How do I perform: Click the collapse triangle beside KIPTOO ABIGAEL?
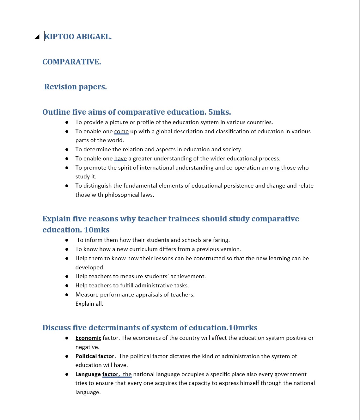pos(37,37)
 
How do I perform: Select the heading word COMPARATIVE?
pos(72,62)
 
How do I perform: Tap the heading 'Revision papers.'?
pos(76,87)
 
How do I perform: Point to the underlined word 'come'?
pos(121,131)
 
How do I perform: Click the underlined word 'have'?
pos(120,159)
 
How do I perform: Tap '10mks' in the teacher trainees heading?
pos(97,230)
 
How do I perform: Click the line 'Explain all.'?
pos(89,304)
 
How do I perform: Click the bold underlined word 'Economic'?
pos(88,338)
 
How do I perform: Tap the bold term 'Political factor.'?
pos(96,356)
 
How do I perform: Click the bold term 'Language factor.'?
pos(98,374)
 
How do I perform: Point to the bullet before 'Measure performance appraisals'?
pos(67,295)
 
